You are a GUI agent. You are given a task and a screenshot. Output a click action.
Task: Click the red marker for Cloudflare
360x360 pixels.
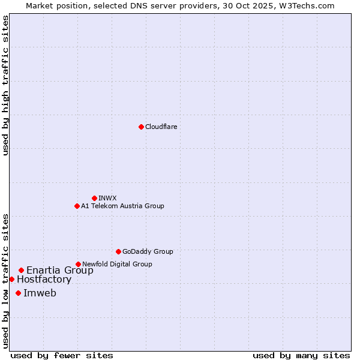(x=141, y=127)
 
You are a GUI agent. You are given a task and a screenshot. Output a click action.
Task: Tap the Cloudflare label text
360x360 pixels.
(x=161, y=127)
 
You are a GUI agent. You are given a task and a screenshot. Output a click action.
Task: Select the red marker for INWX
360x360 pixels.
(x=94, y=198)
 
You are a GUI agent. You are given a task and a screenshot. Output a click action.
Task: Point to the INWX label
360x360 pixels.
(x=107, y=198)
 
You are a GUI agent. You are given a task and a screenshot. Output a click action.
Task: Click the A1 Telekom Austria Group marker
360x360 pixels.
(x=77, y=206)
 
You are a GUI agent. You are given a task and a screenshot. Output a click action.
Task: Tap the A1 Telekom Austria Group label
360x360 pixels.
(x=122, y=206)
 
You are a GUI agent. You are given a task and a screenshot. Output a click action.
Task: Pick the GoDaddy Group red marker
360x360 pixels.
(x=118, y=251)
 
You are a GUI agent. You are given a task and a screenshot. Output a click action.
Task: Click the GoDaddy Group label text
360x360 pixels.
(x=148, y=251)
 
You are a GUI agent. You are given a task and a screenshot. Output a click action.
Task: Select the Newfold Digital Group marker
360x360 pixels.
(x=78, y=264)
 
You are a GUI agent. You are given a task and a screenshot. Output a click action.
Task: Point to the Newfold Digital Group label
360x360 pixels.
(x=117, y=264)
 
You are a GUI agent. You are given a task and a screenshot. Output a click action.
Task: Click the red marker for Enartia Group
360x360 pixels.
(x=21, y=270)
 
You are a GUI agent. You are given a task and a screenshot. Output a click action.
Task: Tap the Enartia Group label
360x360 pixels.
(x=60, y=271)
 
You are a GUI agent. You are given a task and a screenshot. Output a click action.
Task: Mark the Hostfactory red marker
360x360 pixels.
(x=11, y=279)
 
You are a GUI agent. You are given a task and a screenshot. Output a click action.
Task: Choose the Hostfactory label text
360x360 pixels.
(x=44, y=280)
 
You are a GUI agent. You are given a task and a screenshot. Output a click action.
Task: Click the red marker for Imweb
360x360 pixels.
(x=18, y=293)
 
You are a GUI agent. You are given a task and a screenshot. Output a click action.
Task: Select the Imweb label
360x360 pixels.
(x=40, y=293)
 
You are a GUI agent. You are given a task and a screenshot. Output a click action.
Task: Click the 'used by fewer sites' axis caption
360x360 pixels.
(x=62, y=355)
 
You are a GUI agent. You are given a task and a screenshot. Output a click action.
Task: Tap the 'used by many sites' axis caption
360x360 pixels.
(x=301, y=355)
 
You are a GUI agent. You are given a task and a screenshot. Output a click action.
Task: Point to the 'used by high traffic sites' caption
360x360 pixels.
(x=6, y=85)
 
